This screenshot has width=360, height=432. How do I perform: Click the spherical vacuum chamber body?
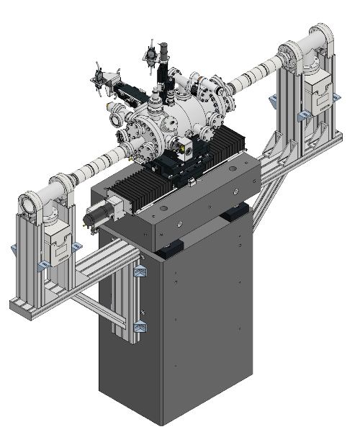tap(189, 115)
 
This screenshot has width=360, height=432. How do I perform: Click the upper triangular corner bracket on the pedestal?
tap(140, 273)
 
